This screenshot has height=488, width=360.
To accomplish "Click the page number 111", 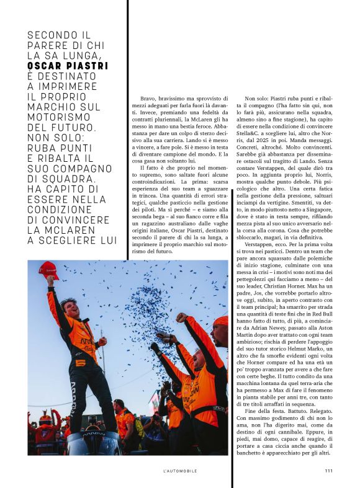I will (x=329, y=471).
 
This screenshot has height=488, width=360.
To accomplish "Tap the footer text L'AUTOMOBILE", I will (x=179, y=471).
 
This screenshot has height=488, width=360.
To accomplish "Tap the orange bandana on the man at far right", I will (x=222, y=321).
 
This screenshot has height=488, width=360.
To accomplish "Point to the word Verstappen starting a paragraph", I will (x=264, y=228).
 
